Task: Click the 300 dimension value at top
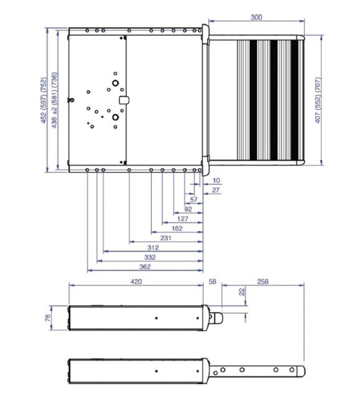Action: click(256, 17)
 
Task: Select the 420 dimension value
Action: click(136, 281)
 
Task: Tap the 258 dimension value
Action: click(263, 281)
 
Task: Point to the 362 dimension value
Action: click(145, 266)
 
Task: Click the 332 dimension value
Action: click(150, 257)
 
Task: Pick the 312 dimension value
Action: click(153, 247)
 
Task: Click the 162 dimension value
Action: click(177, 228)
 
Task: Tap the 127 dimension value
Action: click(182, 219)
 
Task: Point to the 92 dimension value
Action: click(188, 209)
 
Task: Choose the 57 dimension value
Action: click(193, 199)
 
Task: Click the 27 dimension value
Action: click(215, 190)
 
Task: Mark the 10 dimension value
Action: click(215, 181)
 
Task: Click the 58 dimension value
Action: click(213, 281)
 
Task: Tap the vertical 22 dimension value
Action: click(241, 292)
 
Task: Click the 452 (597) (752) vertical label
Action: click(44, 100)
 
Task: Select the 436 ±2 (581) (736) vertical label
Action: click(54, 100)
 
